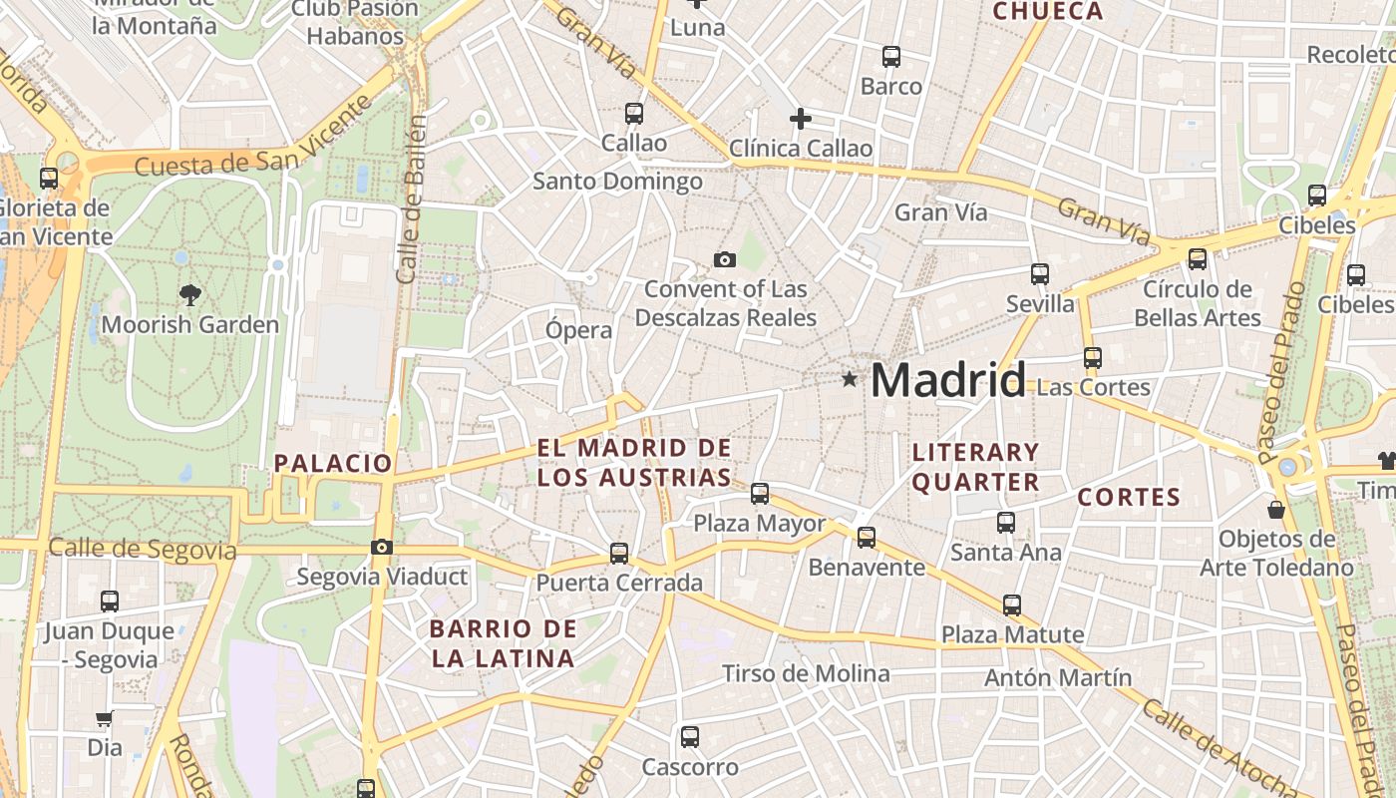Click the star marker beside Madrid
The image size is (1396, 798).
850,379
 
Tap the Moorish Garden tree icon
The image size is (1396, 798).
189,294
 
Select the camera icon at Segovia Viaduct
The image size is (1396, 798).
381,547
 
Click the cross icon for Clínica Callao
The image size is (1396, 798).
800,119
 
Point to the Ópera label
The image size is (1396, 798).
578,329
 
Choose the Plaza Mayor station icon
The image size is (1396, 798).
760,493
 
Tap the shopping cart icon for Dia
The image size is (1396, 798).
104,718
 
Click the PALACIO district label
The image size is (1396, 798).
333,463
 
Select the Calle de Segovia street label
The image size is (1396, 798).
142,550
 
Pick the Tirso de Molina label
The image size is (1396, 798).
806,673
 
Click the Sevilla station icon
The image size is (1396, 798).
1040,273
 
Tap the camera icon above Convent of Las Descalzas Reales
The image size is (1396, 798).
725,260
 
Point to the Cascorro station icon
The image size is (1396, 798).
689,737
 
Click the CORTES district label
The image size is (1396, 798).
1129,497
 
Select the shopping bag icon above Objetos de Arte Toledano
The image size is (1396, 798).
1275,510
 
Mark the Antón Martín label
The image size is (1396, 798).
1058,678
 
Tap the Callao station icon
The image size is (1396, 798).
634,114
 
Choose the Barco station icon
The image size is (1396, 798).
891,57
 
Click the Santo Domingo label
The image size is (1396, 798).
617,182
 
